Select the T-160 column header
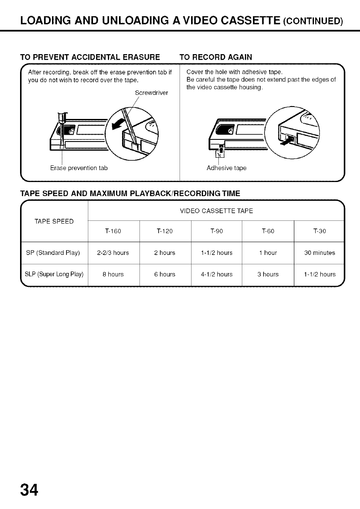[x=113, y=231]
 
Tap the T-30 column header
[x=319, y=231]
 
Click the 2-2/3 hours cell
[x=113, y=253]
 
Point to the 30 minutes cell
[x=319, y=253]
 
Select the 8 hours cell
[x=113, y=275]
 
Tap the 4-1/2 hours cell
[x=216, y=275]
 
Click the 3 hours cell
[x=268, y=275]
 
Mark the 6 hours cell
[x=165, y=275]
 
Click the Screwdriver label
[x=151, y=93]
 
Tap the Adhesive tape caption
[x=226, y=168]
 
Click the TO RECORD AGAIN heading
[x=216, y=57]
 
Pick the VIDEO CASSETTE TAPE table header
[x=216, y=211]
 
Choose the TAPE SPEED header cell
[x=54, y=221]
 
